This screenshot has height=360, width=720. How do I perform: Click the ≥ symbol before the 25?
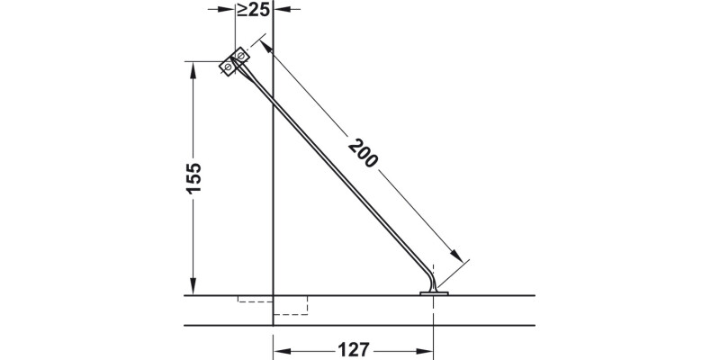[x=242, y=12]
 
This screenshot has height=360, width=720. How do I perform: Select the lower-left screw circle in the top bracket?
[x=229, y=67]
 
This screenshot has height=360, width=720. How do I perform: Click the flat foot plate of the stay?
[x=435, y=292]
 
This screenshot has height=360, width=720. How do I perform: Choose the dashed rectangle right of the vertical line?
[x=290, y=306]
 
